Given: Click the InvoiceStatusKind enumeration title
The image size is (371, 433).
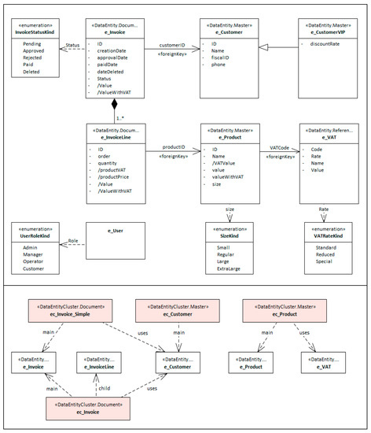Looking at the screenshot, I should click(x=36, y=33).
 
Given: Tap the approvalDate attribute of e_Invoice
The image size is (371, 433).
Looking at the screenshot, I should click(x=113, y=55).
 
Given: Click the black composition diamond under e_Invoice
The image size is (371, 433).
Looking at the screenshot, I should click(x=114, y=104).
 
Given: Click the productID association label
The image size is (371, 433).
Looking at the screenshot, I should click(x=174, y=146).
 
